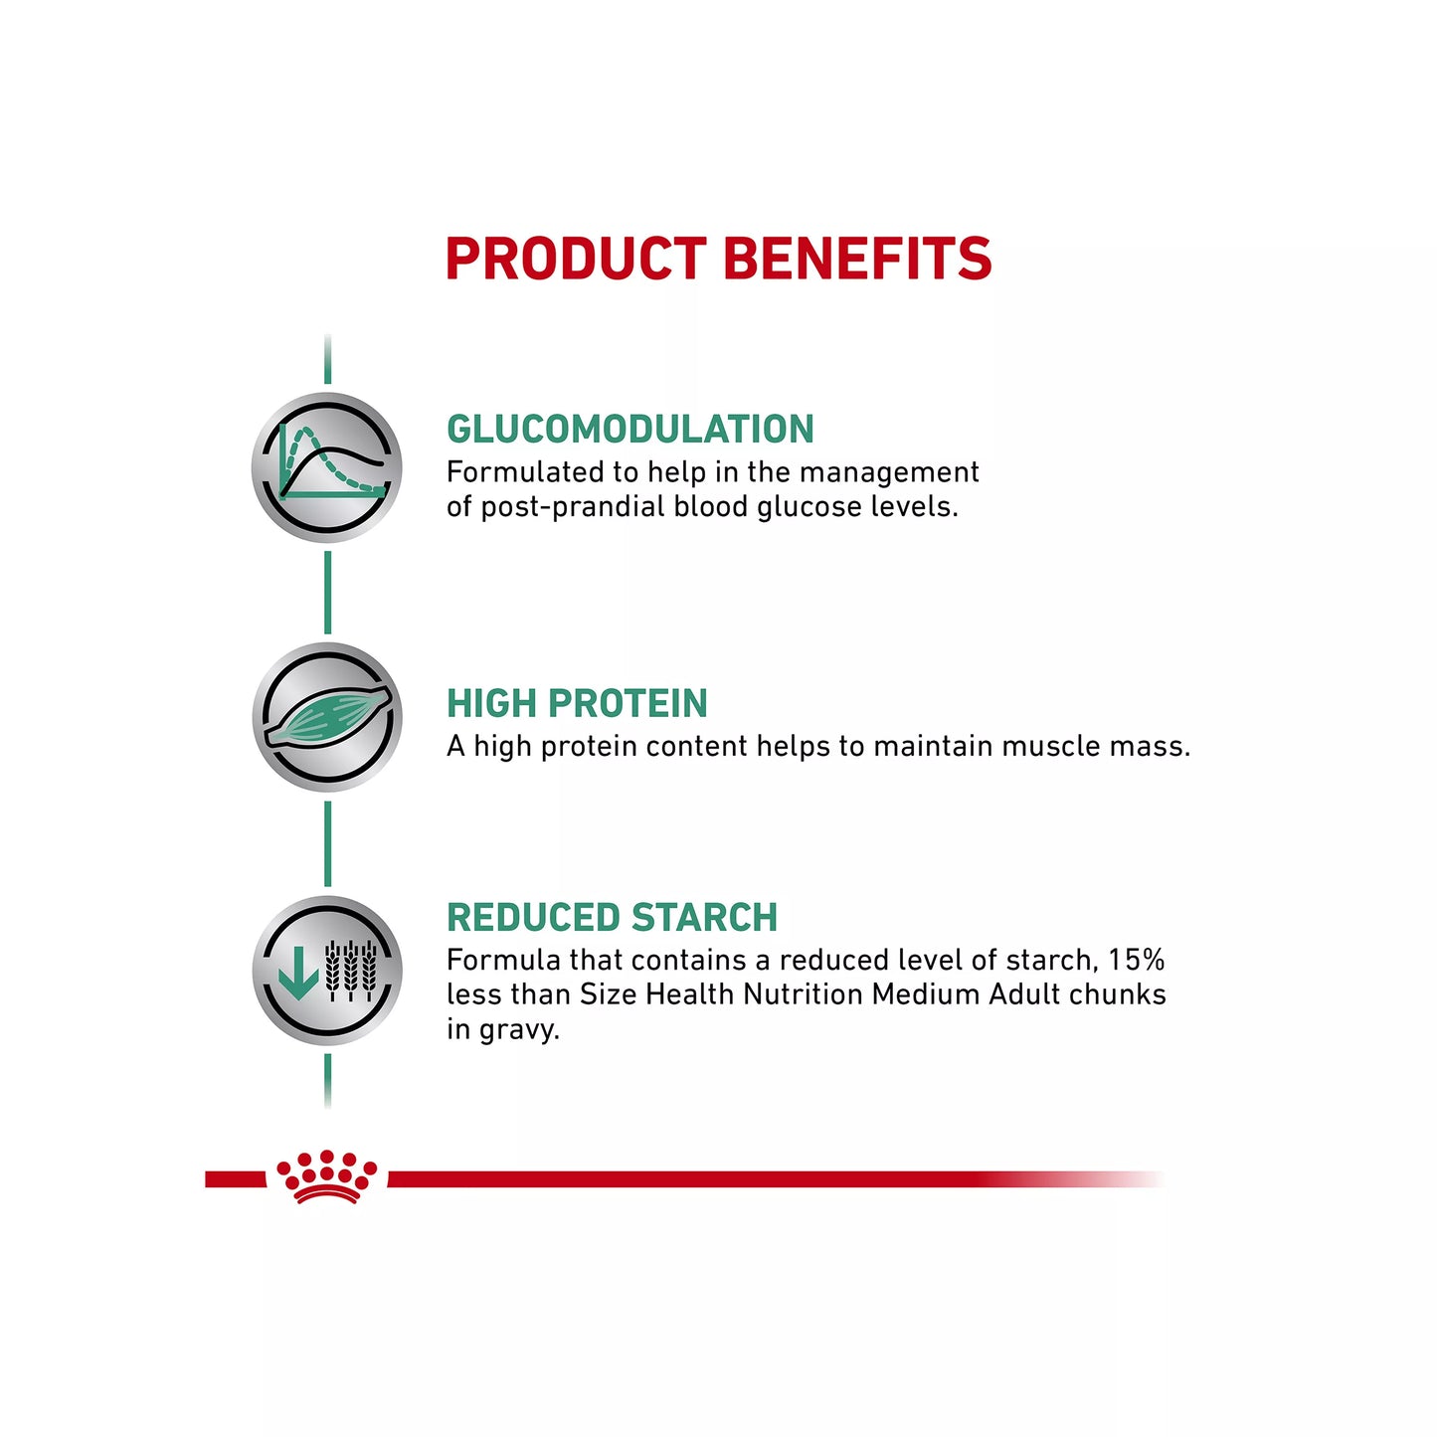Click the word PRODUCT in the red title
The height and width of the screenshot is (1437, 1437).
[x=576, y=259]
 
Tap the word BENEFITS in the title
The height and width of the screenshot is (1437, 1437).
[x=857, y=259]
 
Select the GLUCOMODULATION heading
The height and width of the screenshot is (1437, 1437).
[x=630, y=430]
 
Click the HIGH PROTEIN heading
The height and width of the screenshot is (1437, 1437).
[x=577, y=704]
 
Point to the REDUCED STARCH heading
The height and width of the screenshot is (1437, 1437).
[x=612, y=918]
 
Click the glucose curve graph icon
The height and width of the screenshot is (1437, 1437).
[x=327, y=467]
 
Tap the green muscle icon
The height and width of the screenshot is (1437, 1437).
[x=327, y=717]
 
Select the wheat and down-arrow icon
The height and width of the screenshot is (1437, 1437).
[x=327, y=971]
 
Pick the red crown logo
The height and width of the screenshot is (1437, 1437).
[x=326, y=1177]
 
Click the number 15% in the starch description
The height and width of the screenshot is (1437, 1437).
[x=1136, y=961]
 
